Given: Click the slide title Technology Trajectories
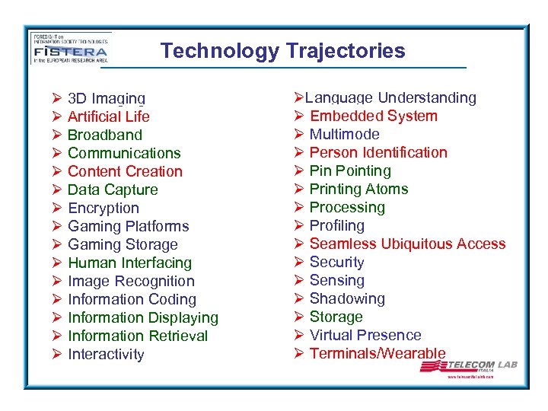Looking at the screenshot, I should tap(282, 51).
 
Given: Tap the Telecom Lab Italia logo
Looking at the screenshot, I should tap(469, 368).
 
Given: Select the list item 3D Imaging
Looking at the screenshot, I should tap(106, 98).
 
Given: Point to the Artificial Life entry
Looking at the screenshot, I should tap(108, 116).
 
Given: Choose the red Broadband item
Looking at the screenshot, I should tap(105, 135).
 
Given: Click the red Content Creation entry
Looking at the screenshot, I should tap(125, 171).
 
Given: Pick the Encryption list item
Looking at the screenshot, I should tap(104, 208).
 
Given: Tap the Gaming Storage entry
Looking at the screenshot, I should tap(123, 244).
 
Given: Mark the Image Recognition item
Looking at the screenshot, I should tap(131, 281).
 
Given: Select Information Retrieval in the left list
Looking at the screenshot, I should tap(138, 336).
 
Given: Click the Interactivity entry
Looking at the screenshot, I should tap(106, 354).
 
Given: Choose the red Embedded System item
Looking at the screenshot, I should tap(374, 116).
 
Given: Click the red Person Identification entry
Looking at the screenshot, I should tap(378, 152).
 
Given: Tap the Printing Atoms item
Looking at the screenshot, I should tap(358, 189).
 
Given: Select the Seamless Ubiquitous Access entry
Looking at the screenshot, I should tap(407, 244).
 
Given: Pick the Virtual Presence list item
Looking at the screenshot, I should tap(365, 335).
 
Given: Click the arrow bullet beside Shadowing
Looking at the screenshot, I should tap(298, 298).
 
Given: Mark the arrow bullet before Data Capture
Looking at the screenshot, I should tap(56, 190).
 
